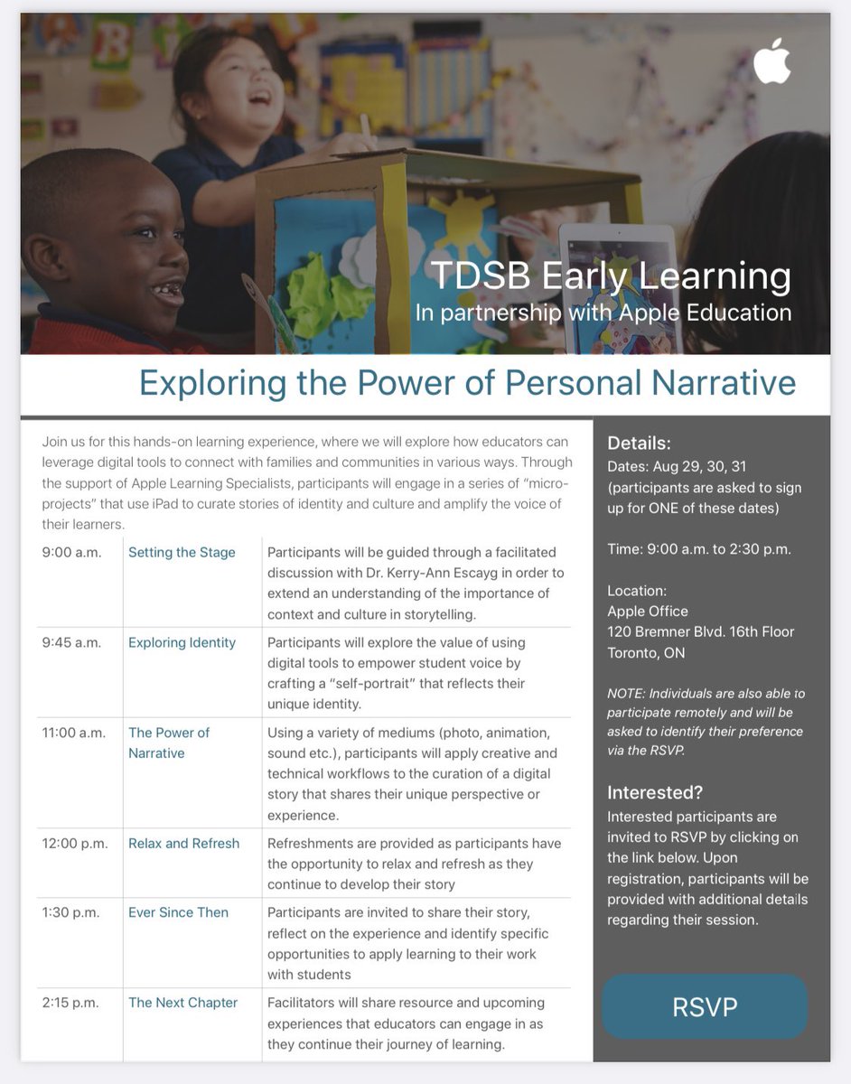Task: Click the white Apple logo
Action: pyautogui.click(x=772, y=61)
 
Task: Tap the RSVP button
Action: pyautogui.click(x=706, y=1006)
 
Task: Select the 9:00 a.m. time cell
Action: pyautogui.click(x=71, y=552)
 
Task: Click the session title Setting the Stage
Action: pyautogui.click(x=182, y=552)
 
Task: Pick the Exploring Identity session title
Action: pyautogui.click(x=182, y=642)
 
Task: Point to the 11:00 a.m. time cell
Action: pyautogui.click(x=75, y=733)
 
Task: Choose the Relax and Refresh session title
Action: pyautogui.click(x=183, y=843)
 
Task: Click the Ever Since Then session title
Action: pyautogui.click(x=178, y=912)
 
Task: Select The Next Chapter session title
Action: pyautogui.click(x=182, y=1003)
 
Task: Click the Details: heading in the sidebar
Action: pyautogui.click(x=639, y=443)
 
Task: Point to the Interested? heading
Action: pyautogui.click(x=655, y=792)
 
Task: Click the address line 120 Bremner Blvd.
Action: pyautogui.click(x=700, y=631)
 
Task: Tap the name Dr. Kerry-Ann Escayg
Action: pyautogui.click(x=488, y=573)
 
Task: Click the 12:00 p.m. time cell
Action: pyautogui.click(x=75, y=843)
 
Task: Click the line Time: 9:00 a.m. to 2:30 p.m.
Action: pyautogui.click(x=699, y=549)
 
